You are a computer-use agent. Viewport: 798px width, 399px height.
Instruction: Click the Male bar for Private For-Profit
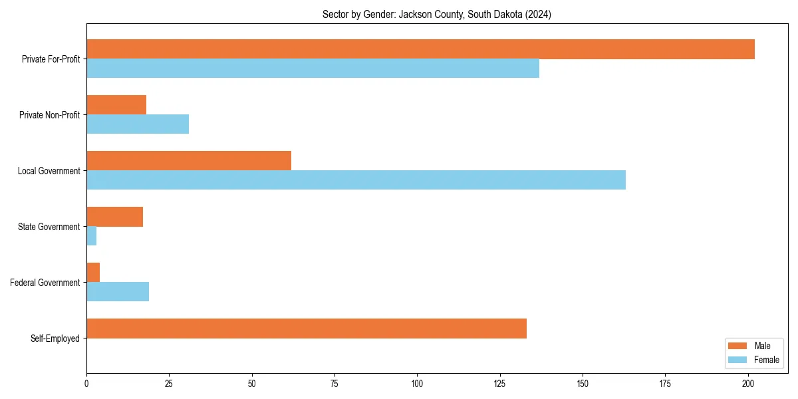point(420,49)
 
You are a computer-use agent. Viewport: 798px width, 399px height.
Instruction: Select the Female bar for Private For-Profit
point(313,68)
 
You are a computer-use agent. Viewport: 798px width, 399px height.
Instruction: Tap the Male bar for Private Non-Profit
point(116,105)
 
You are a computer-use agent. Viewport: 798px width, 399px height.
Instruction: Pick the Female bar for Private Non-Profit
point(138,124)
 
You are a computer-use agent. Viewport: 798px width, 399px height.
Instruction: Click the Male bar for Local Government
point(189,161)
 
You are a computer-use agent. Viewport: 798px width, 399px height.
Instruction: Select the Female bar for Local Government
point(356,180)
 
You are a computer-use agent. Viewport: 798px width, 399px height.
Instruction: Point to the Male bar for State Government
point(114,217)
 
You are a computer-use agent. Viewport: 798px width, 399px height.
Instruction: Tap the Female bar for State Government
point(92,236)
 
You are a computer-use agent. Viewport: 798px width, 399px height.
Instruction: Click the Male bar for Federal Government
point(93,273)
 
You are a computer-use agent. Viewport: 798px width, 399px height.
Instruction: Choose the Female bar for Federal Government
point(118,292)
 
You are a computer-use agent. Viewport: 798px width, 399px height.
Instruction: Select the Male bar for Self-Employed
point(307,329)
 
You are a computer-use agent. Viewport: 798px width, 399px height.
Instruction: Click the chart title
point(437,14)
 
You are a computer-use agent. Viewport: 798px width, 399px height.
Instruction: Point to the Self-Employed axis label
point(55,338)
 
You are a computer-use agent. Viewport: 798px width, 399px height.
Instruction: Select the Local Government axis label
point(49,171)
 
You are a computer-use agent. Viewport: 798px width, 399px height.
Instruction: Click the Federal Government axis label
point(45,283)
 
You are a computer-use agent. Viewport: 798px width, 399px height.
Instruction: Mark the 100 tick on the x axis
point(417,383)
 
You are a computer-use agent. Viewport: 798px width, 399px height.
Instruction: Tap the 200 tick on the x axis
point(748,383)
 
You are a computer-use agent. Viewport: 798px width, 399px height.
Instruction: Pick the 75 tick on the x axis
point(334,383)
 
